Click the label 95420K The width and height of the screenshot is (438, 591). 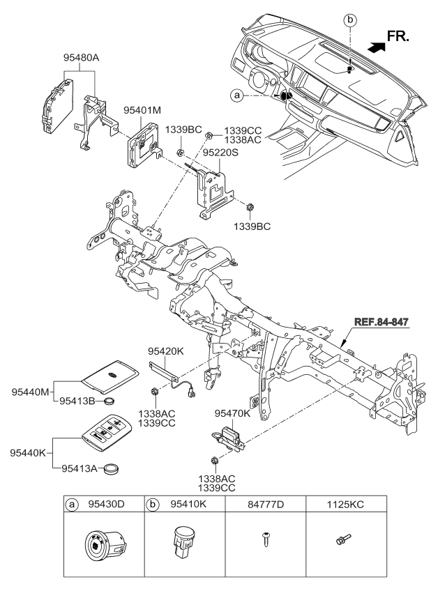coord(165,353)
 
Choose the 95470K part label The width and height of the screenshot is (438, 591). coord(232,413)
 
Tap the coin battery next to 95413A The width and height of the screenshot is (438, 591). coord(110,470)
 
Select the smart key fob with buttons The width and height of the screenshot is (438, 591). coord(110,433)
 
